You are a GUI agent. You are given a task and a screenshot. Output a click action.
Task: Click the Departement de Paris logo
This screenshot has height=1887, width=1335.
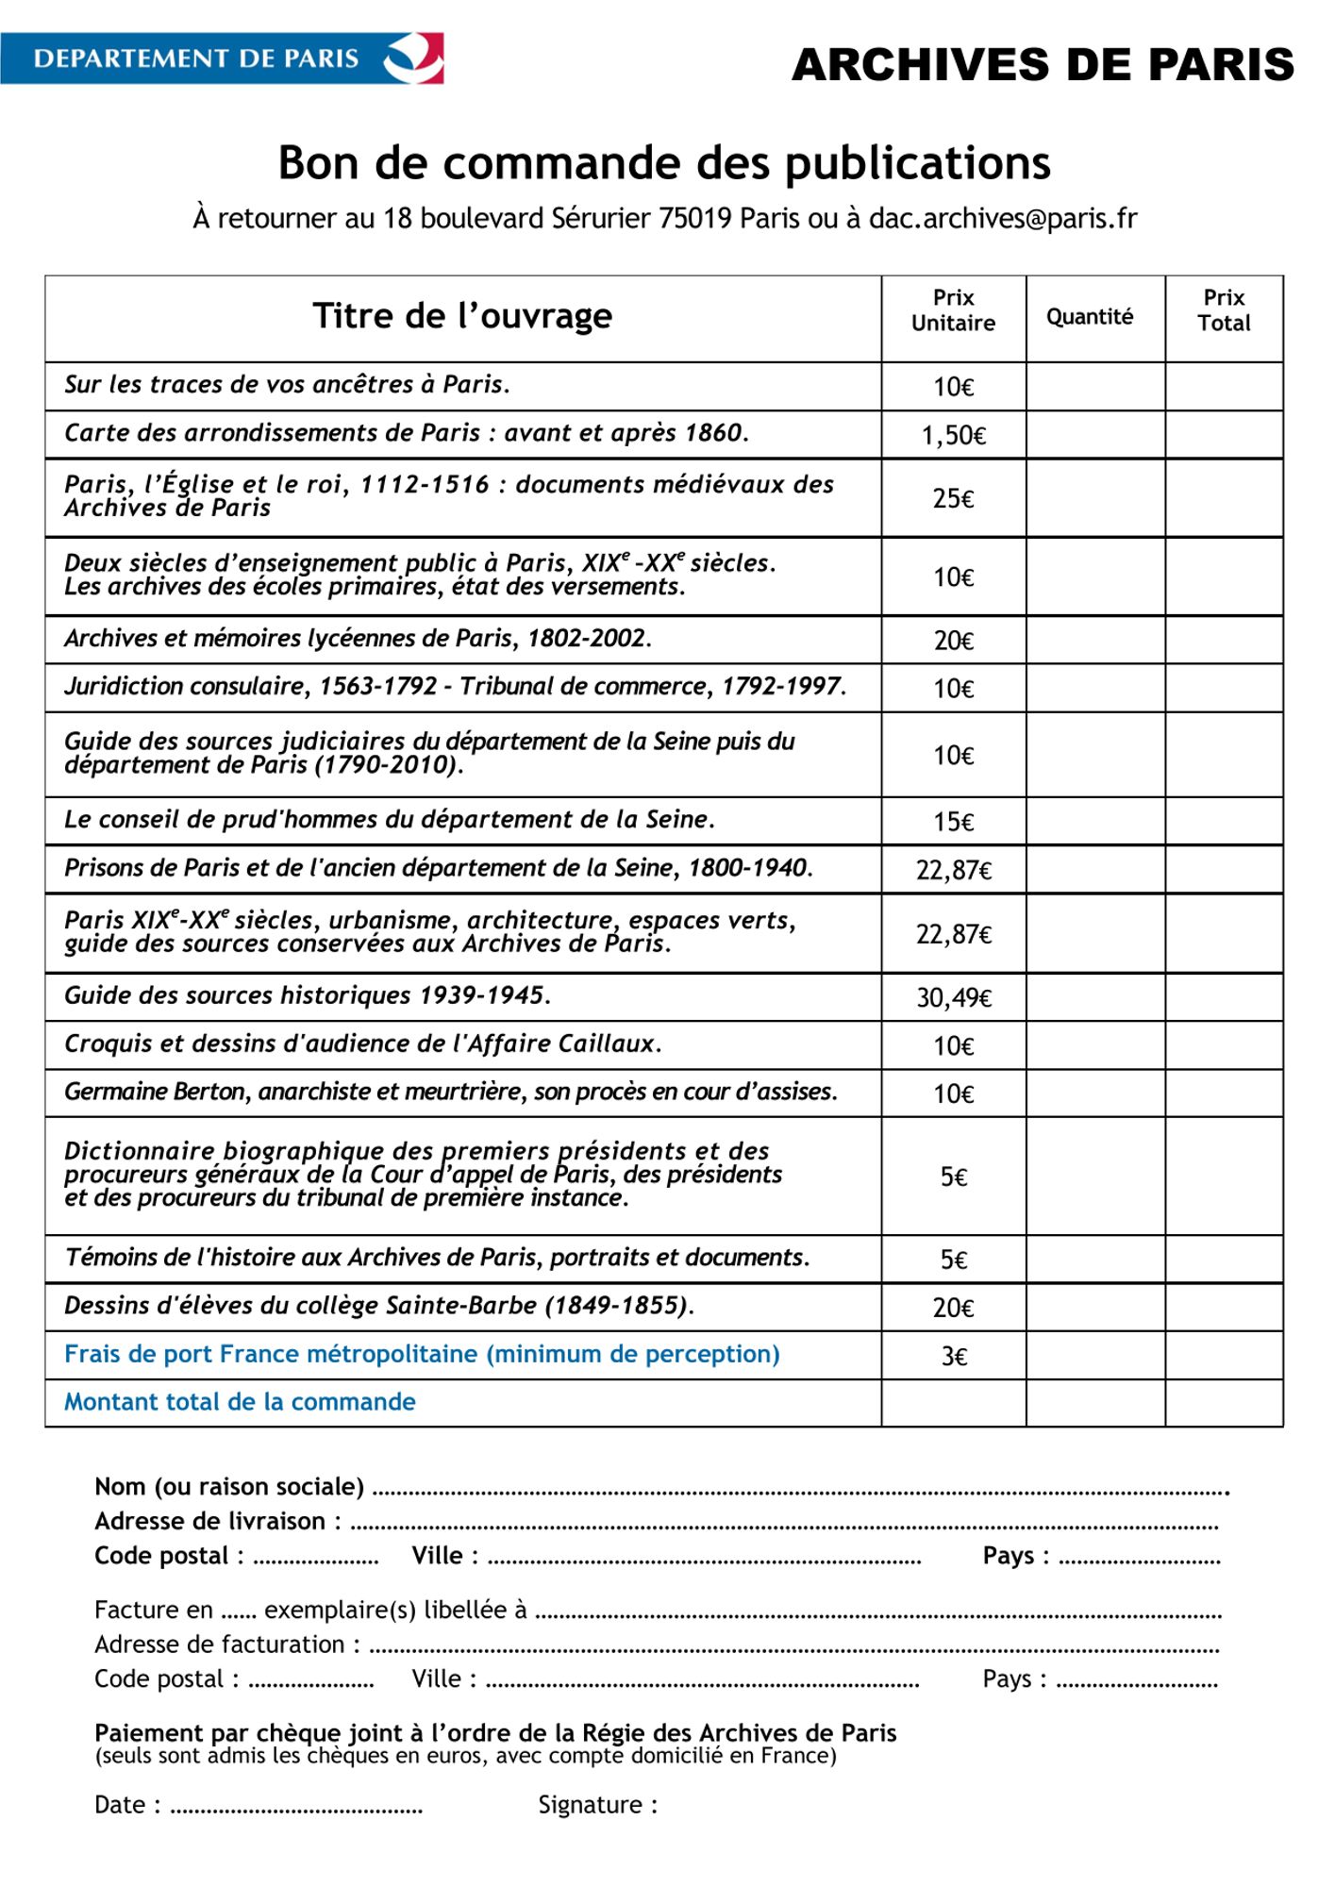222,58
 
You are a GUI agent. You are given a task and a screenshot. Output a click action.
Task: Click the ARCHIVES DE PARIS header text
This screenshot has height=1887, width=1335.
1043,64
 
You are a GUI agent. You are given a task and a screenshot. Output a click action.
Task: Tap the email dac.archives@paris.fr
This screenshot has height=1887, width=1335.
1002,218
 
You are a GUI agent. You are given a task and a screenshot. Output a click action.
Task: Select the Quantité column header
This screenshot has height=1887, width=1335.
1090,317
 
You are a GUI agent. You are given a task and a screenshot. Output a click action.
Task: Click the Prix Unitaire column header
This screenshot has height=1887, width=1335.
953,310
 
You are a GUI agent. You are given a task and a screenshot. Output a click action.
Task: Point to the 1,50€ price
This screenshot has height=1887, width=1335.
953,435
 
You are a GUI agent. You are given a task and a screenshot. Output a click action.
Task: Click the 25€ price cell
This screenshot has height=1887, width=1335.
953,498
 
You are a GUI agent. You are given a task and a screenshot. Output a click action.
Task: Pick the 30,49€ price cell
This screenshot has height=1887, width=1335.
953,997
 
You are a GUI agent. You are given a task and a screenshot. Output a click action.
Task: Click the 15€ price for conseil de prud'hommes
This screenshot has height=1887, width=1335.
953,822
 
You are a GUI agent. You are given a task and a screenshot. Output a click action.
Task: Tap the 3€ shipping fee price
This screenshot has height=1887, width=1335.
954,1356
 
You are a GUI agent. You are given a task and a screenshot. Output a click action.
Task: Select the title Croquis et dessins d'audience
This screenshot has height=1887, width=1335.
362,1044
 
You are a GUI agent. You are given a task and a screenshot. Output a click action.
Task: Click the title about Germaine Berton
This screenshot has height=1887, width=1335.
450,1092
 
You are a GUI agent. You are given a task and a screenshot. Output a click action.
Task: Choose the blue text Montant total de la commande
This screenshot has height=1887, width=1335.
240,1402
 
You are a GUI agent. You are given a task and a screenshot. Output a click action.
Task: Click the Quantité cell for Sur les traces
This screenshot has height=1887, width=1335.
1095,387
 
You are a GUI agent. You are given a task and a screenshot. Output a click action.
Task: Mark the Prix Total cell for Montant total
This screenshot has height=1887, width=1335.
1224,1403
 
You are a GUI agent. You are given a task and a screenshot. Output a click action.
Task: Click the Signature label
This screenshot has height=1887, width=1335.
597,1805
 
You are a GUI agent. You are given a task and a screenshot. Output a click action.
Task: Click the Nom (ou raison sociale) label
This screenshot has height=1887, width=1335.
229,1487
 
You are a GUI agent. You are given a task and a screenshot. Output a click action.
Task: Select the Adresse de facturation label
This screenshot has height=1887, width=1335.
226,1645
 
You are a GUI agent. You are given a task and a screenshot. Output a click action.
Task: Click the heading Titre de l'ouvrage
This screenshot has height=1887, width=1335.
462,316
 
